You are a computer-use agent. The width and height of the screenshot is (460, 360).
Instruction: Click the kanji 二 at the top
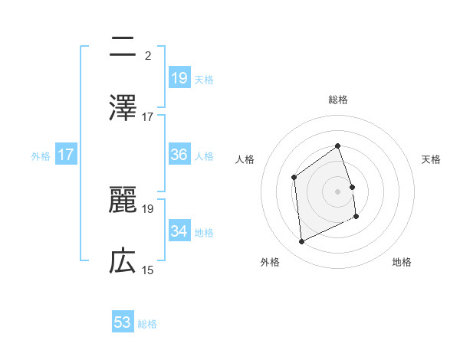(123, 47)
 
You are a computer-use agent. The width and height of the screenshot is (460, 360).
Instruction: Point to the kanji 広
(123, 261)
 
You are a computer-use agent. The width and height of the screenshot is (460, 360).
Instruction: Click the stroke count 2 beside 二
(147, 56)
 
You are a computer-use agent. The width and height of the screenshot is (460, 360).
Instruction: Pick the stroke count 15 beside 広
(148, 270)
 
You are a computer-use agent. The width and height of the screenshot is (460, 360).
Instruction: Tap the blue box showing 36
(179, 155)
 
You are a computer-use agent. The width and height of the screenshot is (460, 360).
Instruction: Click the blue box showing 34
(179, 231)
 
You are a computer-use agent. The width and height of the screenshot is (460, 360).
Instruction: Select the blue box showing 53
(123, 322)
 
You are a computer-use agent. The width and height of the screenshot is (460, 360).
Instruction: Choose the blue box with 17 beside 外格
(66, 155)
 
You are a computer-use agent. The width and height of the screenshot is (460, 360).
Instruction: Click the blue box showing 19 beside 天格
(179, 78)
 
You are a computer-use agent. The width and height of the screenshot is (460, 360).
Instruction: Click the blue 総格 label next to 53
(148, 324)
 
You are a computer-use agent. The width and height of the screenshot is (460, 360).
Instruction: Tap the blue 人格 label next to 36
(204, 156)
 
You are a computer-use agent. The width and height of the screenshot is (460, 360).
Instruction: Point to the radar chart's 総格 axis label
(338, 100)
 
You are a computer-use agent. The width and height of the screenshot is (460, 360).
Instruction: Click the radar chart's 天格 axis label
(431, 159)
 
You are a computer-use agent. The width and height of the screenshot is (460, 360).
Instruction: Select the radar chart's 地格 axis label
(402, 262)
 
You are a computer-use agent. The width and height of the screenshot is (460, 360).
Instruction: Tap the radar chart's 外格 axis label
(270, 262)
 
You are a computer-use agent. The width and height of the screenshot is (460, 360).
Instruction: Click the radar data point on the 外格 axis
(301, 242)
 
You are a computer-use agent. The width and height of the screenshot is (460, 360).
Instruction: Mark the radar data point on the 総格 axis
(338, 146)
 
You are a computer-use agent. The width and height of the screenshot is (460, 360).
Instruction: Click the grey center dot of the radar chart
(338, 191)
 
